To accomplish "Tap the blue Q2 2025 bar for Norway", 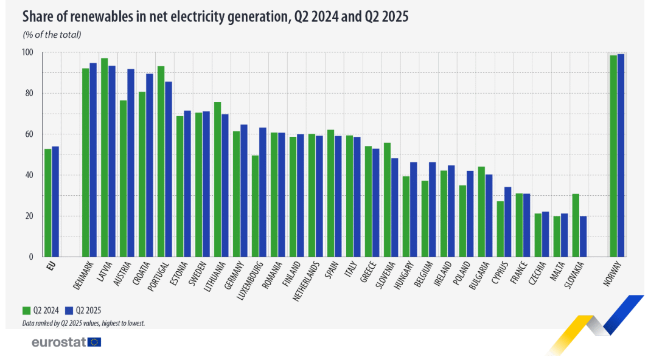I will tap(621, 155).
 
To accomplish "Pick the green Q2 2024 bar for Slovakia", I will tap(576, 225).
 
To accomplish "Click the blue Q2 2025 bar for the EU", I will tap(55, 201).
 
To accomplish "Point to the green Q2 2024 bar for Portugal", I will tap(161, 161).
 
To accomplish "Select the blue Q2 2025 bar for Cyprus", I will tap(507, 221).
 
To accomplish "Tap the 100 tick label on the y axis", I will tap(28, 52).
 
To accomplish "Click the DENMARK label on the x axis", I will tap(85, 276).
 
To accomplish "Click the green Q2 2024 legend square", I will tap(26, 309).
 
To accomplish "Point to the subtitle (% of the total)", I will tap(52, 34).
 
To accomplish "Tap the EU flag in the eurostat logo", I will tap(94, 342).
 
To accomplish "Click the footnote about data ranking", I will tap(83, 323).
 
